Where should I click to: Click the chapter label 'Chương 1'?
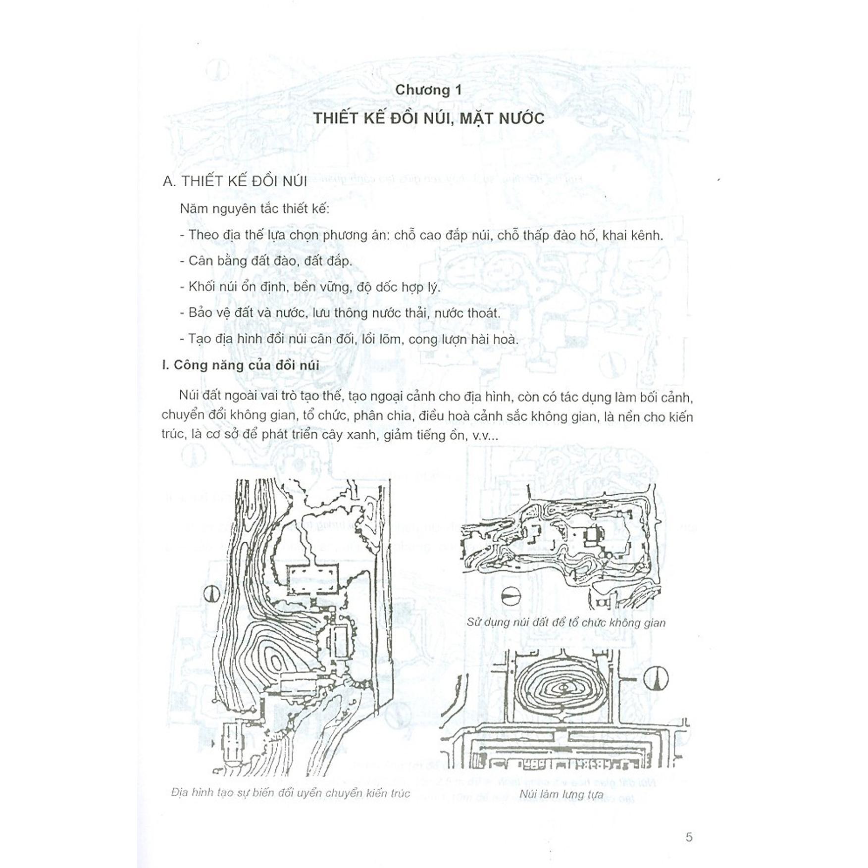pos(429,90)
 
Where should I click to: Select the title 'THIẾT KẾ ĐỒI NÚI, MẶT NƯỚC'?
pos(429,118)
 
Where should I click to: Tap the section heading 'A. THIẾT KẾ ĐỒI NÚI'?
pos(235,181)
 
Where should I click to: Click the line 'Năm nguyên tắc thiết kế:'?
pos(255,208)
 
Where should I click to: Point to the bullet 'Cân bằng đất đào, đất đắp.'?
pos(266,261)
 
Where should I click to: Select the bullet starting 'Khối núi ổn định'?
pos(310,287)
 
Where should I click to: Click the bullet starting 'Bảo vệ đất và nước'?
pos(340,313)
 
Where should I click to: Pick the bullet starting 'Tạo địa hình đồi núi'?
pos(349,339)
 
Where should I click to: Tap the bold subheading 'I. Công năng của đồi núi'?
pos(241,365)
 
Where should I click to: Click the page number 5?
pos(689,837)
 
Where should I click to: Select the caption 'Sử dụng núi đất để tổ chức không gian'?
pos(566,622)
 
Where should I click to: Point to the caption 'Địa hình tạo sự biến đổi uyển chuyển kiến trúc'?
pos(291,793)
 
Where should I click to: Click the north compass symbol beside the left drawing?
pos(211,593)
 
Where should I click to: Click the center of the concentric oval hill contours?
pos(563,688)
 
